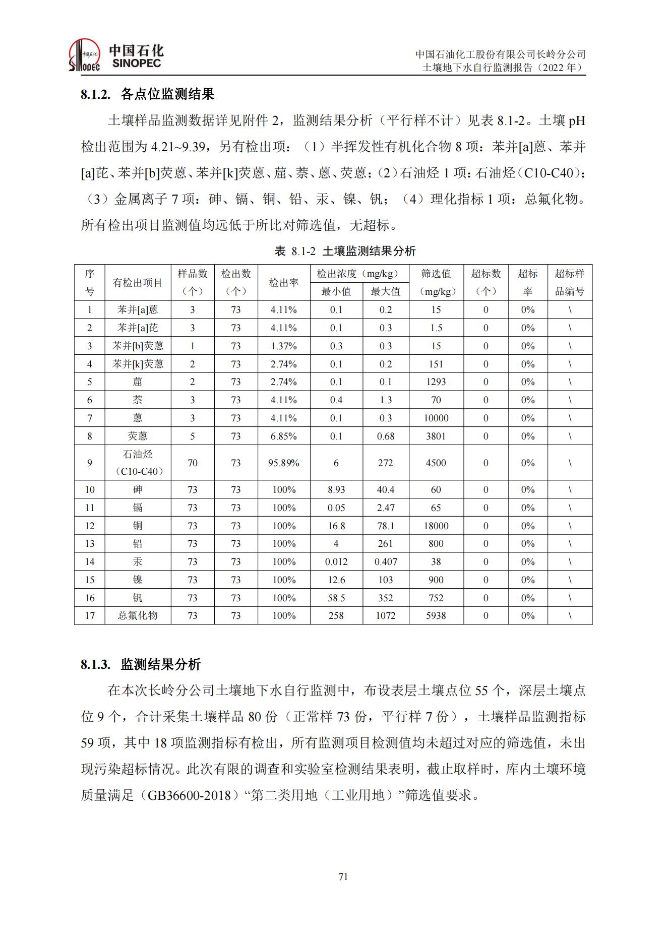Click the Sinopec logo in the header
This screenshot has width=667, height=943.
pyautogui.click(x=115, y=55)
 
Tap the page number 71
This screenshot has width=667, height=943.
pyautogui.click(x=343, y=876)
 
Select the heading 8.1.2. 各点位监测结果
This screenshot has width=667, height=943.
pyautogui.click(x=147, y=94)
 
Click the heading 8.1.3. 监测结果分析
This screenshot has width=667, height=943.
pyautogui.click(x=141, y=664)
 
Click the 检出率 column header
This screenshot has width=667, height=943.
pyautogui.click(x=283, y=283)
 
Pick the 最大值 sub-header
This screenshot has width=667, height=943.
pyautogui.click(x=385, y=291)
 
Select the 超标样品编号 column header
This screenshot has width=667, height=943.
pyautogui.click(x=570, y=283)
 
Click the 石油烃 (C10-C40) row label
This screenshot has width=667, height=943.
pyautogui.click(x=138, y=463)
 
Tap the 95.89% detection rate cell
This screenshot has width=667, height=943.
pyautogui.click(x=283, y=463)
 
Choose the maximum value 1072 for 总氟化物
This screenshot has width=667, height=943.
pyautogui.click(x=385, y=615)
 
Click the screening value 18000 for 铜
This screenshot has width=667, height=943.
pyautogui.click(x=436, y=526)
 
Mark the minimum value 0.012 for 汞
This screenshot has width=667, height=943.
pyautogui.click(x=336, y=561)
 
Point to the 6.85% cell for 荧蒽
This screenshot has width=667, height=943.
pyautogui.click(x=283, y=436)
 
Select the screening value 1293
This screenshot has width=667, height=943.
pyautogui.click(x=436, y=382)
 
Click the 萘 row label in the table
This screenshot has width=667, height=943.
pyautogui.click(x=138, y=400)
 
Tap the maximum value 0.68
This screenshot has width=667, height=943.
pyautogui.click(x=385, y=436)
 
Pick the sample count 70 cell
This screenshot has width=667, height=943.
pyautogui.click(x=192, y=463)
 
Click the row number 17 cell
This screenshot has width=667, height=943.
pyautogui.click(x=90, y=615)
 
